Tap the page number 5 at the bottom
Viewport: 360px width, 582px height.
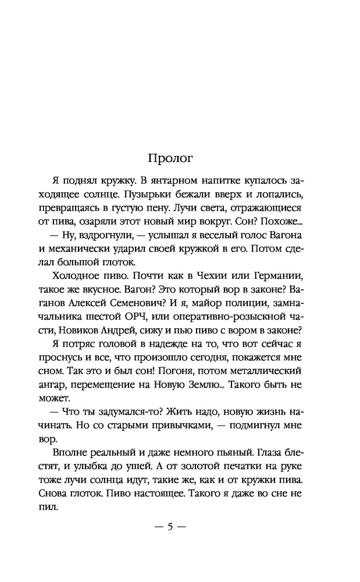pyautogui.click(x=170, y=527)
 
